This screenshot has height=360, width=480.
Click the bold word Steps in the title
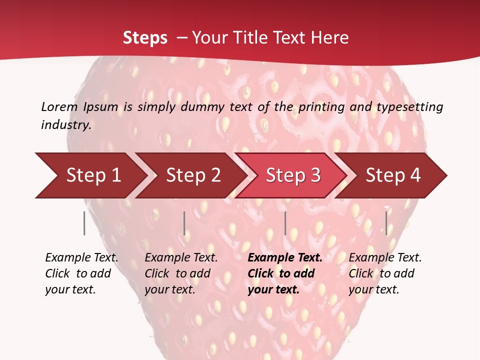[145, 38]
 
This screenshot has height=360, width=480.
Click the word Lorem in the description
[59, 106]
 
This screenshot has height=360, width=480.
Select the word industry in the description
[65, 125]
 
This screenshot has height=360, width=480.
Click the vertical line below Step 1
[84, 223]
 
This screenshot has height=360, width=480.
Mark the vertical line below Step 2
[184, 223]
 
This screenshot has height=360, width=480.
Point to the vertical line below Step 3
[285, 223]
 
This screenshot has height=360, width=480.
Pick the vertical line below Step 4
[386, 223]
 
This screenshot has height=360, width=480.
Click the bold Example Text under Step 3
[285, 258]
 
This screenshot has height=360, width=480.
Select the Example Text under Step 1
[81, 258]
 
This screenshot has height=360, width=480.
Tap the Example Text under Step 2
[181, 258]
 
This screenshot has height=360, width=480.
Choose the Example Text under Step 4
[385, 258]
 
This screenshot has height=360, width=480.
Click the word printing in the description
[321, 106]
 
